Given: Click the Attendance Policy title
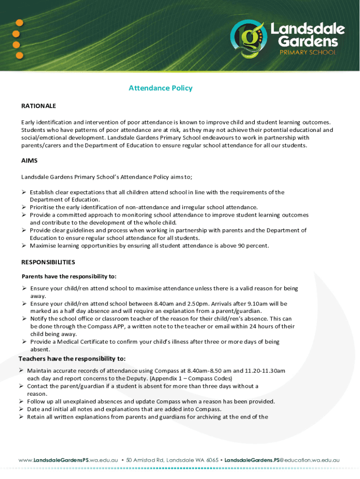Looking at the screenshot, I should (160, 88).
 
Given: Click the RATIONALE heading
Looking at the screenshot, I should (38, 106).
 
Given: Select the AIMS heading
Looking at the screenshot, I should (29, 160).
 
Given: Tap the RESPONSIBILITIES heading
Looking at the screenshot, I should (48, 262).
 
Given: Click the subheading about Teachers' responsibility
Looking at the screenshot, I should (72, 359).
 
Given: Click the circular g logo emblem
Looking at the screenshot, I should (248, 39).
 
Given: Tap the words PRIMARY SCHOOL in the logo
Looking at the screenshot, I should (307, 52).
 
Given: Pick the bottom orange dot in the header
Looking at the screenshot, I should (20, 55).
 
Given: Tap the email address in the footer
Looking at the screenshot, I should (282, 460).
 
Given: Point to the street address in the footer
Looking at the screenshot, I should (173, 460).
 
